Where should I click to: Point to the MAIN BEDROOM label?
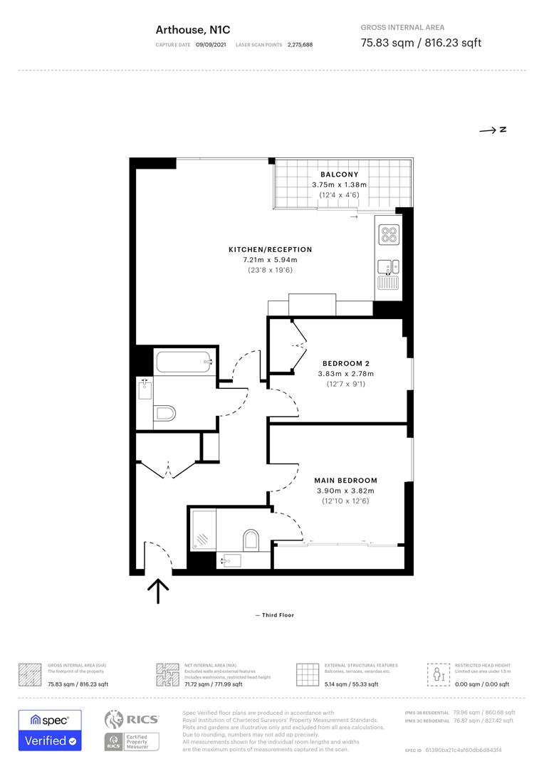click(345, 481)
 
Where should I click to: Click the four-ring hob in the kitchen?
click(389, 234)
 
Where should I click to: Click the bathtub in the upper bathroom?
click(184, 362)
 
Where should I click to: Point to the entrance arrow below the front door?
click(157, 590)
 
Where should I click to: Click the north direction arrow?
click(492, 130)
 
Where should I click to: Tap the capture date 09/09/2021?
click(211, 45)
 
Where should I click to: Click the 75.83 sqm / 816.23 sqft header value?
click(421, 43)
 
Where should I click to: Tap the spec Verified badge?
click(50, 730)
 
